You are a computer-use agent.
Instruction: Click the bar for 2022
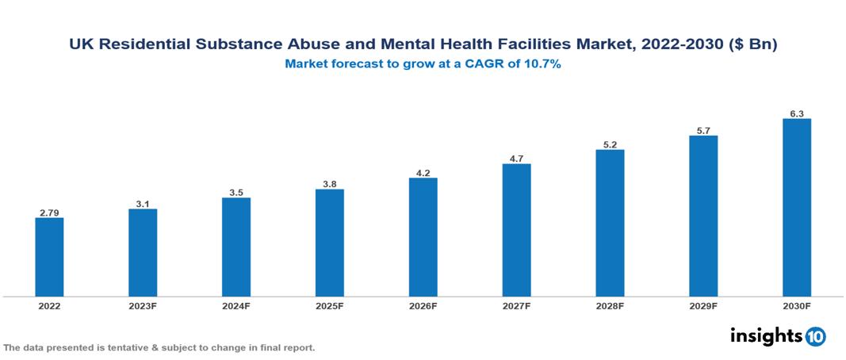click(49, 257)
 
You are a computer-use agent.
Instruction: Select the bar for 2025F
click(329, 243)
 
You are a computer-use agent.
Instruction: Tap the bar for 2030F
click(796, 208)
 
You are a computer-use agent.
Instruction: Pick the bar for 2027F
click(516, 230)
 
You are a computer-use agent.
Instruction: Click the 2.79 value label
click(49, 212)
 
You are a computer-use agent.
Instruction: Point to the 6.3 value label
click(796, 113)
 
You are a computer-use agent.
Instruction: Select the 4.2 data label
click(423, 172)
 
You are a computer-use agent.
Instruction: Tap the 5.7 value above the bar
click(703, 130)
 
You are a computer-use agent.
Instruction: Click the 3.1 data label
click(143, 204)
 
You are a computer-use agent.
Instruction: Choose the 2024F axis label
click(236, 305)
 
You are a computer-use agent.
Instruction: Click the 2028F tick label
click(610, 305)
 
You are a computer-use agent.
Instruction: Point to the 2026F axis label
click(423, 305)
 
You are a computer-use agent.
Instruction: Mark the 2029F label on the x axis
click(703, 305)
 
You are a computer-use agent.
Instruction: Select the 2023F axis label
click(143, 305)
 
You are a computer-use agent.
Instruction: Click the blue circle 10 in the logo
click(815, 336)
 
